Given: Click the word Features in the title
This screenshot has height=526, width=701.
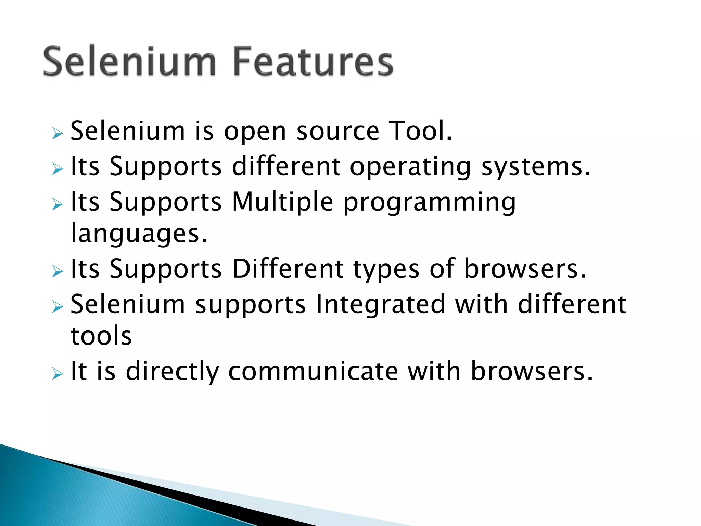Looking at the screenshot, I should (313, 62).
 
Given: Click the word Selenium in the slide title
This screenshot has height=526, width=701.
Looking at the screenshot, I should (129, 62).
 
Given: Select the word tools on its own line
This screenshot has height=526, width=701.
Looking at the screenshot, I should (101, 336).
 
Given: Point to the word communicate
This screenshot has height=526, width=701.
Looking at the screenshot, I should (313, 372).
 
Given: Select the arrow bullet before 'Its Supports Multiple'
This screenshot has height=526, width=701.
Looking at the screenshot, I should (58, 204).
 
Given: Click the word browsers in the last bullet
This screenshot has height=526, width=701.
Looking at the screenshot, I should (532, 372).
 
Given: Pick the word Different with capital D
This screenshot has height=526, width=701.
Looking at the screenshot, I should (288, 269).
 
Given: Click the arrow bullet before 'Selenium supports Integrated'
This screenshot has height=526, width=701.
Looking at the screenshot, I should (58, 306).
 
